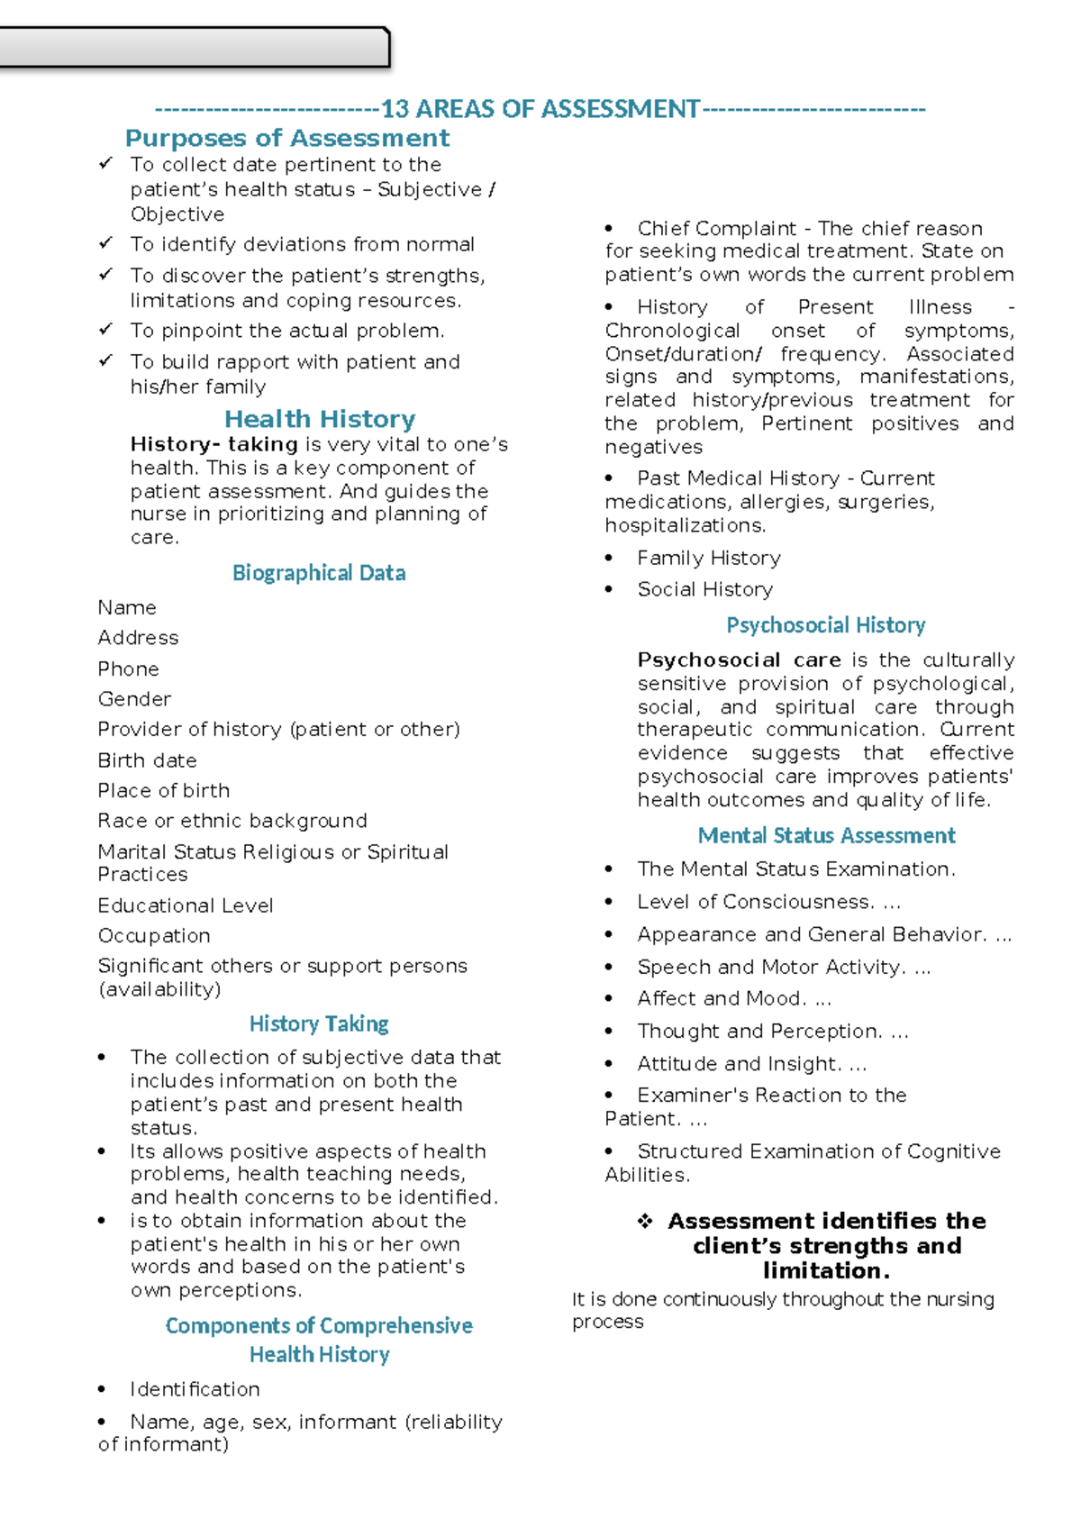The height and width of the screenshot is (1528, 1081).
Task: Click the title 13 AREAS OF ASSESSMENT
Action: click(540, 109)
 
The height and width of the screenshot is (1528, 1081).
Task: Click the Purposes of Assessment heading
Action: click(286, 138)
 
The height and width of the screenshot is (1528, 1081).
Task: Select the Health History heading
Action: click(320, 419)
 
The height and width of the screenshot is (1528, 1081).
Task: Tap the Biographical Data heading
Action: click(319, 573)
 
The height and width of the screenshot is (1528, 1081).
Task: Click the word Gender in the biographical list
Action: click(134, 699)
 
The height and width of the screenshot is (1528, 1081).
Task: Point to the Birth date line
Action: click(147, 760)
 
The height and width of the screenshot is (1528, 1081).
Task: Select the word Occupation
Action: click(154, 936)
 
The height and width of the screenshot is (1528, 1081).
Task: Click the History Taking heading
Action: click(319, 1023)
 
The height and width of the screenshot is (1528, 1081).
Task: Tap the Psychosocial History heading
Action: click(825, 625)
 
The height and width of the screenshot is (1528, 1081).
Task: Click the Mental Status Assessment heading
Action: click(826, 836)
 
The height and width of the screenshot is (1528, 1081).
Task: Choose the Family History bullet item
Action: click(708, 559)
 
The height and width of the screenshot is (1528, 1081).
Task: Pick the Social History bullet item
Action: click(704, 589)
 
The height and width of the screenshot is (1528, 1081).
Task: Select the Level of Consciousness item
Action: click(754, 902)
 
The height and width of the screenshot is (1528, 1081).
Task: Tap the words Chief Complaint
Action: click(716, 229)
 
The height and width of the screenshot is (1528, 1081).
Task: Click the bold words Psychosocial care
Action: click(739, 660)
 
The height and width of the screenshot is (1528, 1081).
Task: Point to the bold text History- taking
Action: click(213, 444)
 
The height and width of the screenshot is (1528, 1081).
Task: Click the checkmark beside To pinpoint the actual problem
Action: click(105, 329)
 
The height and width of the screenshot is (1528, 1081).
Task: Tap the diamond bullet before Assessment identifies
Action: click(645, 1222)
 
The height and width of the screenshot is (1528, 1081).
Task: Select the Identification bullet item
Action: click(195, 1389)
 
